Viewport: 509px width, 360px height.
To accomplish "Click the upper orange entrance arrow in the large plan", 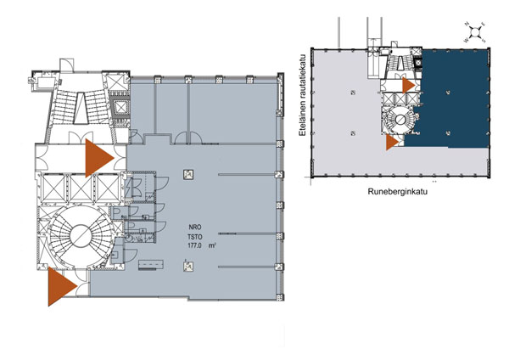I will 98,157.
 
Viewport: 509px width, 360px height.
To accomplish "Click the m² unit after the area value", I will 225,246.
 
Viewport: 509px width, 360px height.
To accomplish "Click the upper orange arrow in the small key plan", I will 408,85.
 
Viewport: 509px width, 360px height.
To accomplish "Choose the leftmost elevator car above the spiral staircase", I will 53,187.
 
